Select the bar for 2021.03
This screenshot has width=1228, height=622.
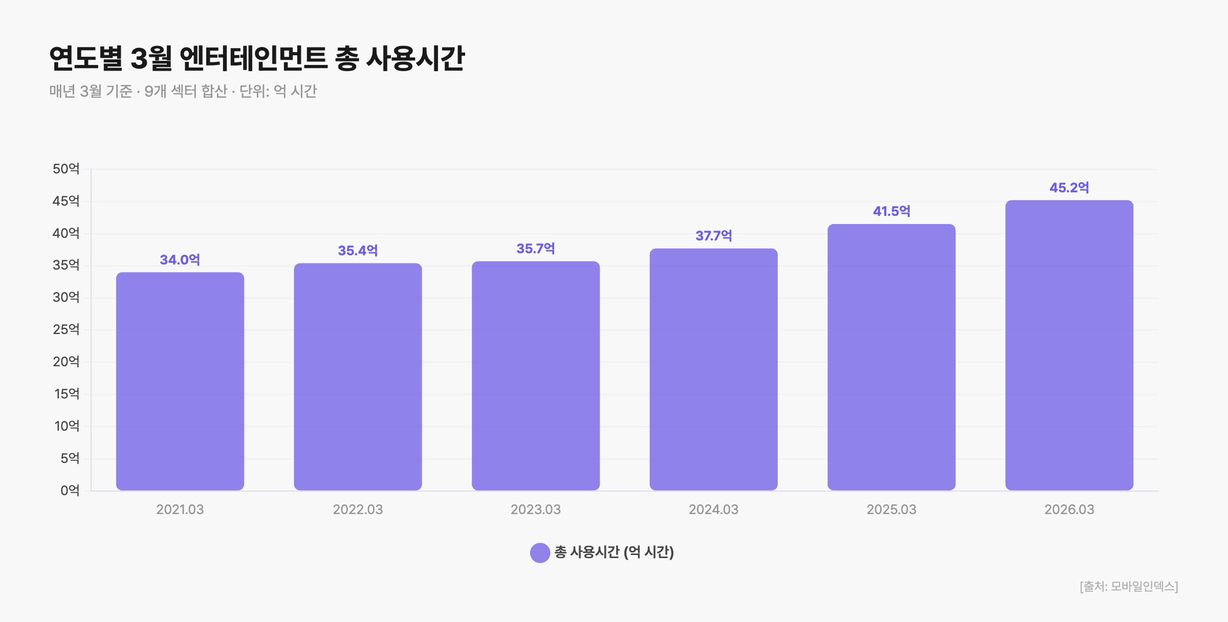(180, 381)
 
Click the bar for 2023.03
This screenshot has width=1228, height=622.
(536, 376)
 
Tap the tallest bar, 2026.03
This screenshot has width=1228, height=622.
(1069, 345)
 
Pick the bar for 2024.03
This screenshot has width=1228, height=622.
(714, 369)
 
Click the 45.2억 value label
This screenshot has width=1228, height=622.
(1069, 188)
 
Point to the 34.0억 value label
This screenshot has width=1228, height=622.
(180, 260)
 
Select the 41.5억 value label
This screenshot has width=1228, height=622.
(891, 211)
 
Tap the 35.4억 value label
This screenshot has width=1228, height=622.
(358, 251)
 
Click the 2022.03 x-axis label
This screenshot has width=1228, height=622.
(358, 509)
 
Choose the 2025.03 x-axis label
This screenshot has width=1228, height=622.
(891, 509)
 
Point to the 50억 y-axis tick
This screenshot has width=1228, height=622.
(66, 169)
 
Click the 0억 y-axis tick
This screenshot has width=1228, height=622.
(70, 491)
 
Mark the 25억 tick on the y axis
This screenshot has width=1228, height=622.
(66, 329)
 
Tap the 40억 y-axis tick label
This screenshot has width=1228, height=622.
(66, 233)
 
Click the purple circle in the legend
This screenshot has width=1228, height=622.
(540, 553)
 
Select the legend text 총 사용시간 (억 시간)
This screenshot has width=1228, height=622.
(614, 552)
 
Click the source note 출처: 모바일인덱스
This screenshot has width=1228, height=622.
(1129, 586)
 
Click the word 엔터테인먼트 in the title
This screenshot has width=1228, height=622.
(253, 58)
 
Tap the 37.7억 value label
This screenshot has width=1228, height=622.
(714, 236)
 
